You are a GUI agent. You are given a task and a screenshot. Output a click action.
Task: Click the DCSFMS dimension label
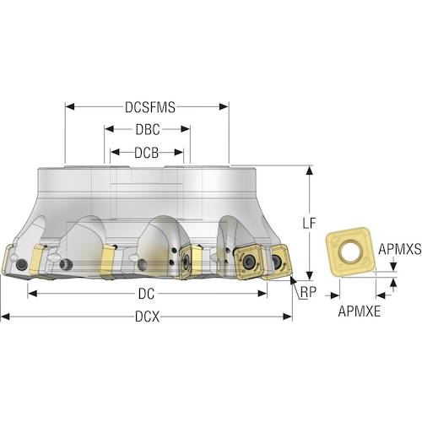[150, 107]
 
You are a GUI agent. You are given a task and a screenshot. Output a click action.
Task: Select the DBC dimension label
[148, 129]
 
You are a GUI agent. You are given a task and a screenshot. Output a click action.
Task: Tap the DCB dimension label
[147, 153]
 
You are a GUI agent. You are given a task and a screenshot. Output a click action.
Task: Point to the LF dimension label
[309, 224]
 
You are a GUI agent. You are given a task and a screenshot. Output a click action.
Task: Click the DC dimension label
[146, 294]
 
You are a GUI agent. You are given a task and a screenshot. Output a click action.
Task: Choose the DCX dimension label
[147, 317]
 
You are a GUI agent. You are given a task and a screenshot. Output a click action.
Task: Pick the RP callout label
[308, 292]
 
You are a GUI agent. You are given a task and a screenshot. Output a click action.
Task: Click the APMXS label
[400, 249]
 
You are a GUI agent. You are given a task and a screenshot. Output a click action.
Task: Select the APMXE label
[360, 311]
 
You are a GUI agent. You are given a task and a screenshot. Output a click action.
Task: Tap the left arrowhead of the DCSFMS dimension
[69, 106]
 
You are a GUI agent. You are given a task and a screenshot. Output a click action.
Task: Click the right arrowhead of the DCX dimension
[288, 316]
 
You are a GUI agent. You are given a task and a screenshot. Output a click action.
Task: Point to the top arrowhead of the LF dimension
[310, 170]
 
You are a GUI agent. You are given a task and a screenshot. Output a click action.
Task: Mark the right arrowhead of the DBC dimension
[186, 129]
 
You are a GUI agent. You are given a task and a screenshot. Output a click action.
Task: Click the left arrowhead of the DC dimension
[33, 294]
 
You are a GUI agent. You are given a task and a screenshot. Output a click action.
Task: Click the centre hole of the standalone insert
[349, 251]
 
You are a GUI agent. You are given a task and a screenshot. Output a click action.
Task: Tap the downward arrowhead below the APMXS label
[393, 267]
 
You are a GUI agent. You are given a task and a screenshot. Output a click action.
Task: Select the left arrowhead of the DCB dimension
[115, 152]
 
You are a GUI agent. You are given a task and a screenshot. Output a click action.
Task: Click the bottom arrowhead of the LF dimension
[310, 276]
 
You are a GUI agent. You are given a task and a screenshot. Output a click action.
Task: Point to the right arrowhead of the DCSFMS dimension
[224, 106]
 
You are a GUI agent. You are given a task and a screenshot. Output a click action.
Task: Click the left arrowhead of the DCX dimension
[6, 316]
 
